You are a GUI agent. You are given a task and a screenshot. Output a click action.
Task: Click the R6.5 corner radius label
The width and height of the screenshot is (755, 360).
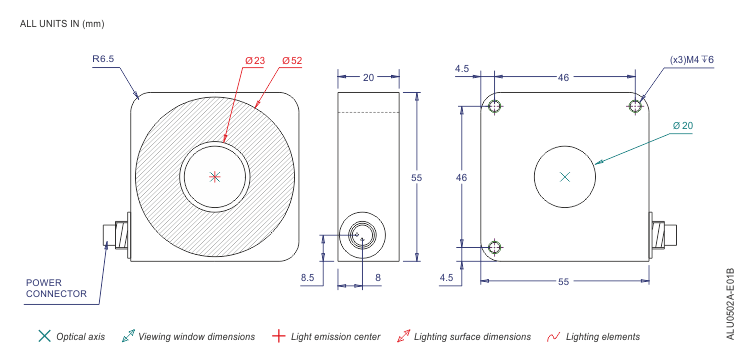[103, 59]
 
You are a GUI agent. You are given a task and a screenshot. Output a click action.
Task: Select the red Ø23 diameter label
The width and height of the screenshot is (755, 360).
[255, 61]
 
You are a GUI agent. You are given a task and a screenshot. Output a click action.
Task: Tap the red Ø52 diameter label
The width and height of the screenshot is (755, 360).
[292, 61]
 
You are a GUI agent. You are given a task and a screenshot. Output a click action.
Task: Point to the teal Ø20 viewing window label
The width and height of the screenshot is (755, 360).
[683, 126]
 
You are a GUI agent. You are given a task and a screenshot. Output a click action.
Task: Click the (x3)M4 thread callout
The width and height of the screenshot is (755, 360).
[691, 60]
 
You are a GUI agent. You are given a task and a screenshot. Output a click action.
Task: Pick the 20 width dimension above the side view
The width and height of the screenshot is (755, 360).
[368, 77]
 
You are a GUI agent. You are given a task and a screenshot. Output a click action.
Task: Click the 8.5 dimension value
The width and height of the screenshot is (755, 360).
[308, 277]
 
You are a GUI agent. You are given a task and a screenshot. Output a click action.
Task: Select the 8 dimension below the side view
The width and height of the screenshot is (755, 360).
[378, 277]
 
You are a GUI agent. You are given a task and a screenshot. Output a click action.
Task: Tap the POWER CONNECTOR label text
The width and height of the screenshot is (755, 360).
[56, 288]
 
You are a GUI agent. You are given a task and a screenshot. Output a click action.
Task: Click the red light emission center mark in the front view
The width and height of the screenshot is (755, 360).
[215, 177]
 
